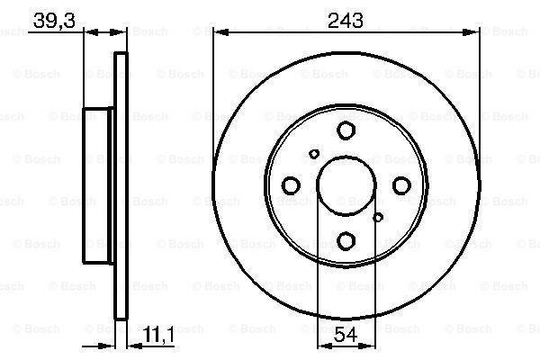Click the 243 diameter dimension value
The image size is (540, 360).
(x=346, y=21)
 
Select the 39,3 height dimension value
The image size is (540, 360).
(x=54, y=21)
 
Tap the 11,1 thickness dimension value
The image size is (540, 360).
(x=158, y=334)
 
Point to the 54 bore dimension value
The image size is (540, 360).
(x=346, y=334)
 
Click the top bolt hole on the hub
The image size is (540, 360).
(x=346, y=130)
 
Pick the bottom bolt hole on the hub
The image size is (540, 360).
(x=346, y=241)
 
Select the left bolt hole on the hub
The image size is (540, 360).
(x=291, y=185)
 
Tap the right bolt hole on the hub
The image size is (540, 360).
(x=401, y=185)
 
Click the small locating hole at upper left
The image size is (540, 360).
(x=314, y=154)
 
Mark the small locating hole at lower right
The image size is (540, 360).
(x=378, y=218)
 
